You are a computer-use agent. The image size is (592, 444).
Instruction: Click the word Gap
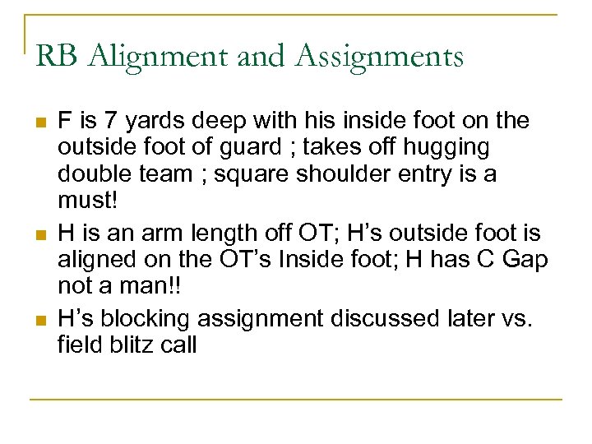coord(525,261)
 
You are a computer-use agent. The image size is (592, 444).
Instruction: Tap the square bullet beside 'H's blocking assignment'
coord(39,320)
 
